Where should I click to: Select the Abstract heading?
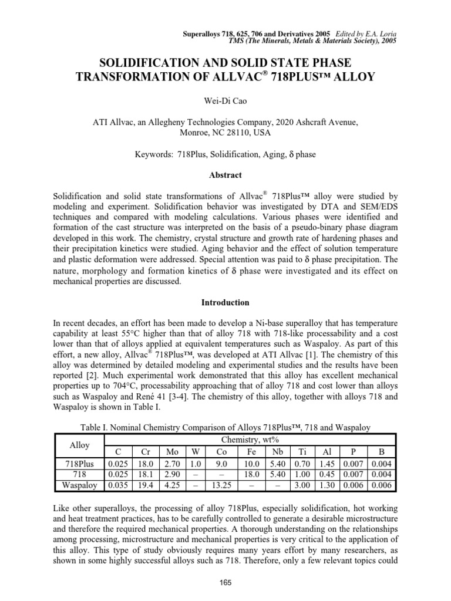[x=225, y=175]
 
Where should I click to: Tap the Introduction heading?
[x=225, y=303]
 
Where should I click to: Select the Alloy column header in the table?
[x=79, y=445]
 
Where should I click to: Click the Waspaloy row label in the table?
[x=79, y=485]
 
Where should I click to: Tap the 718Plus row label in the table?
[x=79, y=464]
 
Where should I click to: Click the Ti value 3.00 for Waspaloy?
[x=302, y=485]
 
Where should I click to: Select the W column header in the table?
[x=193, y=452]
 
